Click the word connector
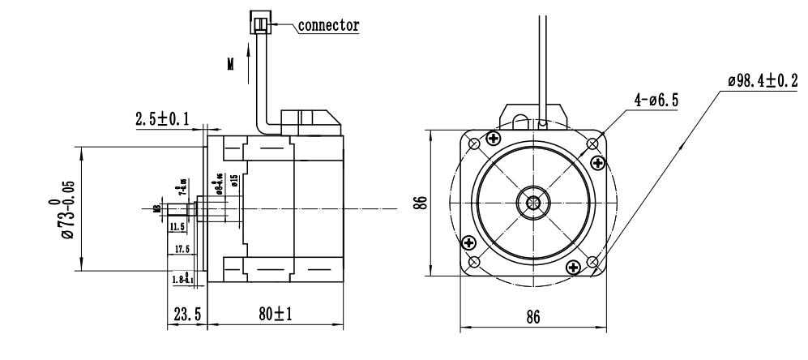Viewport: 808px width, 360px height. [x=329, y=24]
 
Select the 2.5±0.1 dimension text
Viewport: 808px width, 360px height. [x=162, y=119]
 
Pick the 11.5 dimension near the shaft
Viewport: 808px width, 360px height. [x=177, y=227]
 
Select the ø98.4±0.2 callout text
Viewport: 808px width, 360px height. [x=761, y=81]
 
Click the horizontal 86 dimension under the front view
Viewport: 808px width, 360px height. [x=532, y=316]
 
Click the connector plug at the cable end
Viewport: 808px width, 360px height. [x=261, y=24]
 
